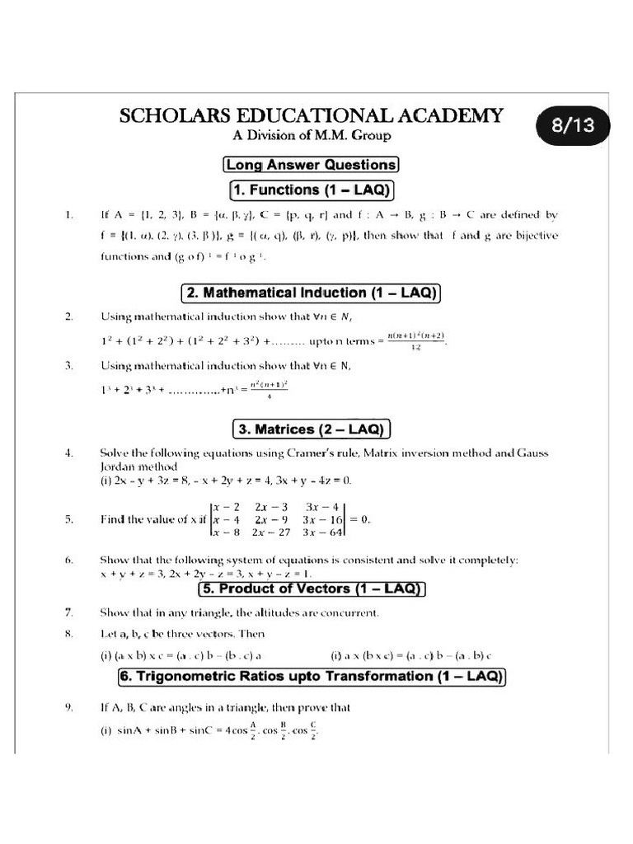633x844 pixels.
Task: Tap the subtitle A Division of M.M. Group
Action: tap(310, 135)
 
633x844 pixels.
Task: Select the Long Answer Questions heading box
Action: tap(311, 164)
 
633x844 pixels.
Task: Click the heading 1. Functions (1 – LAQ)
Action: tap(311, 190)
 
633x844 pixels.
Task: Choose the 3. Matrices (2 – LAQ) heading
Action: tap(311, 429)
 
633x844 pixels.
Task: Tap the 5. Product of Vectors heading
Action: tap(311, 589)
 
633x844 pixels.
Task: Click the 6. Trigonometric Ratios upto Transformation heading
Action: tap(311, 677)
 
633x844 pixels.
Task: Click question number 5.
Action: tap(69, 519)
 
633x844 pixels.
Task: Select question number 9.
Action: tap(69, 707)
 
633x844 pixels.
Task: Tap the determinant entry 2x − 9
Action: tap(271, 519)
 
